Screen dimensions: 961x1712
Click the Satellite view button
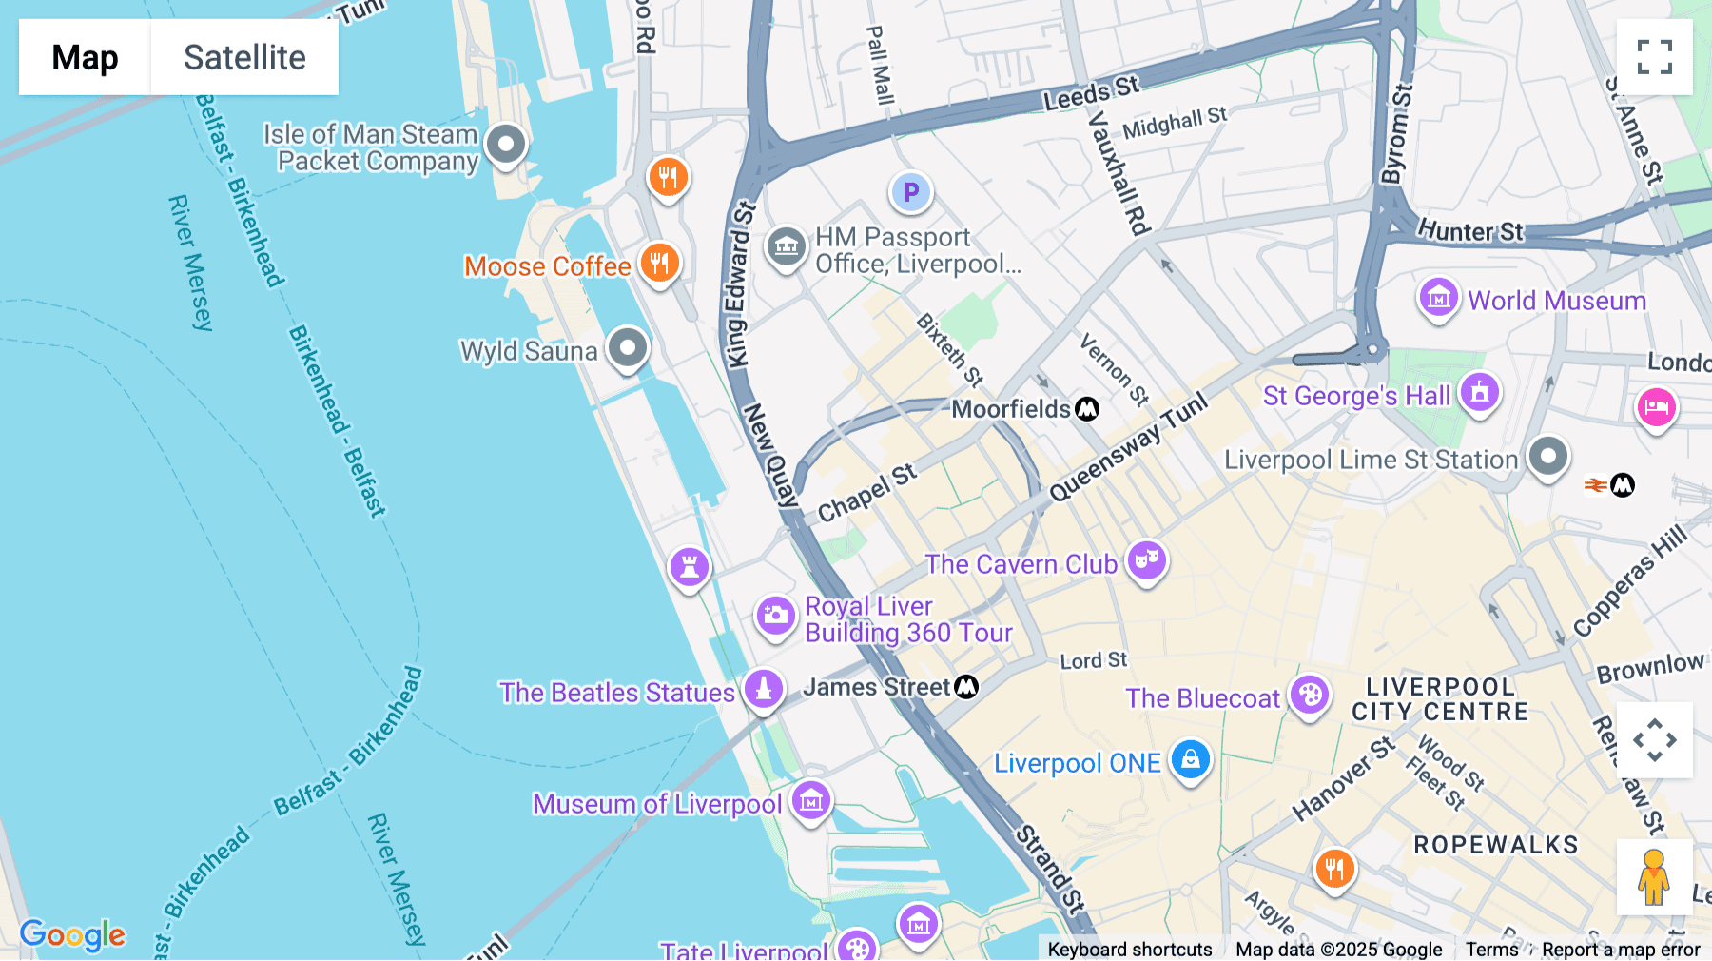point(244,57)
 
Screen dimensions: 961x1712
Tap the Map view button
point(85,57)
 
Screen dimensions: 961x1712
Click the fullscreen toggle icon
point(1654,57)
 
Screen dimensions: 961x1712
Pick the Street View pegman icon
point(1654,877)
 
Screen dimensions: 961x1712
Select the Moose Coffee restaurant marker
point(659,263)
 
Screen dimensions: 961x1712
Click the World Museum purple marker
point(1438,298)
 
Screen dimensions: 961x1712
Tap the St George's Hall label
point(1356,396)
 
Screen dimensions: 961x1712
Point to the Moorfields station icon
point(1087,409)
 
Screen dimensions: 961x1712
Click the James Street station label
point(876,687)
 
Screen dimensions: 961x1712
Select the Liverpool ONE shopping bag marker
point(1190,760)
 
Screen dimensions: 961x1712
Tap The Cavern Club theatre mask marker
point(1146,560)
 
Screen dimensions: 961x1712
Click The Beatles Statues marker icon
point(764,689)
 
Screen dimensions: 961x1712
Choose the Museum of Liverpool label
point(656,804)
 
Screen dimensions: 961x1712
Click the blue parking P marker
point(910,192)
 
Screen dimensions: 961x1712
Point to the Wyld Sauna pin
point(628,347)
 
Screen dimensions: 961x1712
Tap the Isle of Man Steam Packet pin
point(506,145)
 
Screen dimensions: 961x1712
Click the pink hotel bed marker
point(1656,407)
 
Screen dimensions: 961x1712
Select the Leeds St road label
point(1090,93)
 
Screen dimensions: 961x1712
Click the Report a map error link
point(1621,949)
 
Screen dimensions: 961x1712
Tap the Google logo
point(72,934)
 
